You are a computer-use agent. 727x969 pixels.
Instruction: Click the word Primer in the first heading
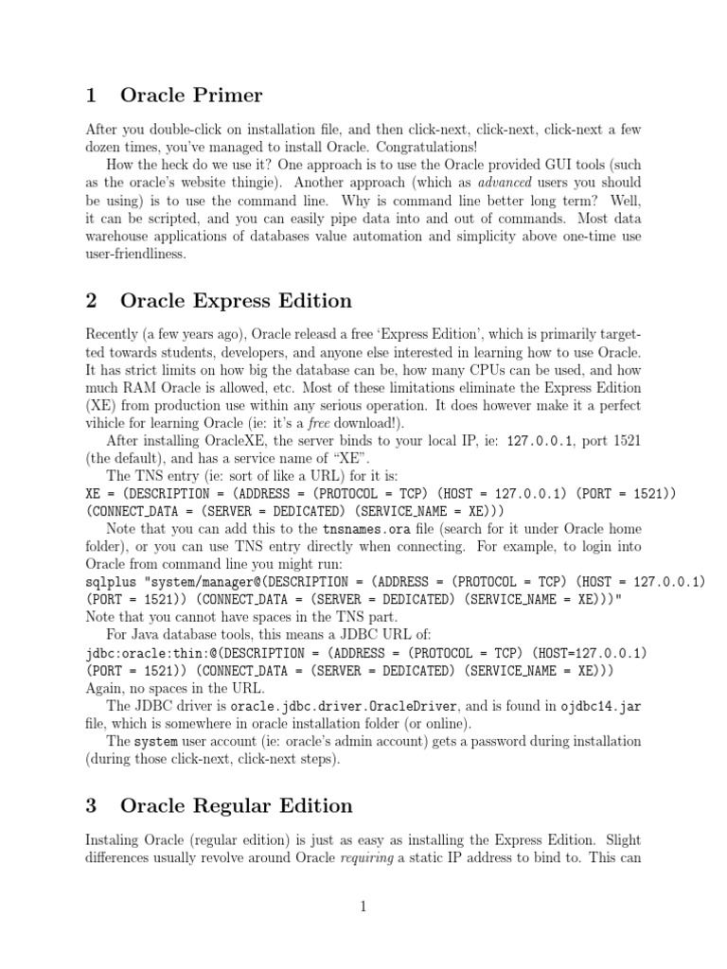point(227,96)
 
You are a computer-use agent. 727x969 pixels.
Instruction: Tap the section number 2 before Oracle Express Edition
point(92,301)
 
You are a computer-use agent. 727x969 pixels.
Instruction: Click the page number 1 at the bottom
point(363,907)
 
